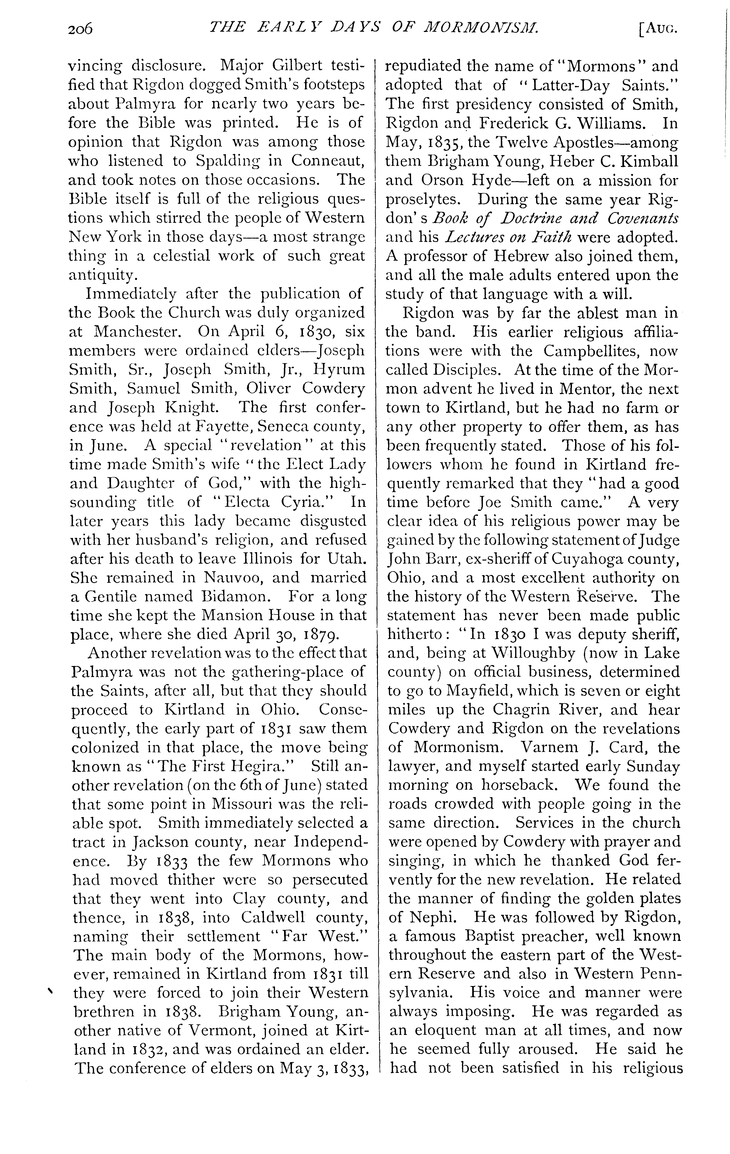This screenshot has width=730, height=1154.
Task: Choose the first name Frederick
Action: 513,123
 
